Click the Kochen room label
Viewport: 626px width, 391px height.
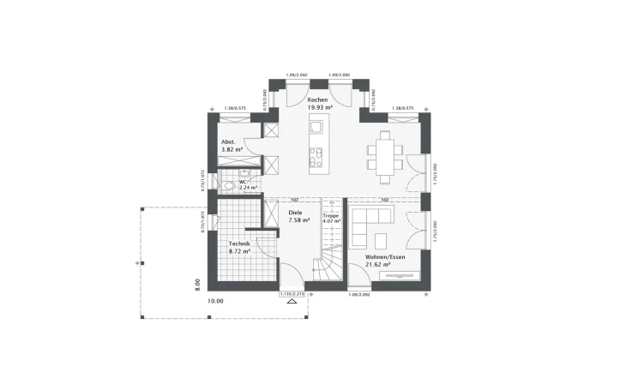tap(317, 100)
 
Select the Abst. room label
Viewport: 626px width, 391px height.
tap(228, 141)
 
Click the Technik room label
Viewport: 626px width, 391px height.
tap(238, 244)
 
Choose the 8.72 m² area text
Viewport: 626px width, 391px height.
tap(238, 252)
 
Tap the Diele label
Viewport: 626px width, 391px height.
tap(296, 212)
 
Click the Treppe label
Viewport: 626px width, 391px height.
tap(331, 215)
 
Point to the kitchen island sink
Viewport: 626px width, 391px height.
tap(316, 129)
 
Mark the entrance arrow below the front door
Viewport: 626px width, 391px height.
tap(292, 302)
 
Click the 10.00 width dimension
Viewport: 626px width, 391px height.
tap(214, 301)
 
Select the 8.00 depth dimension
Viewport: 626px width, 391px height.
tap(196, 282)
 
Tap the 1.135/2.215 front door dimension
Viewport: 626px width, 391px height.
tap(292, 294)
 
